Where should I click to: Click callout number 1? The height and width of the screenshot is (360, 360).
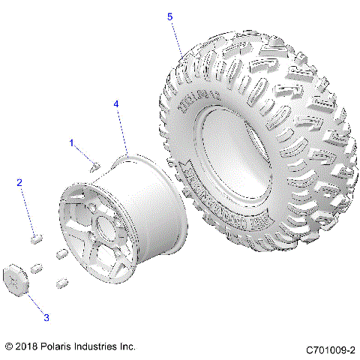coord(72,142)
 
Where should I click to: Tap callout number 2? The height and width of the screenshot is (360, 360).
coord(19,182)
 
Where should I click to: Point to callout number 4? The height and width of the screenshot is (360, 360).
coord(116,105)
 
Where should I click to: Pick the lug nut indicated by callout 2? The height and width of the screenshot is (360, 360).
coord(34,238)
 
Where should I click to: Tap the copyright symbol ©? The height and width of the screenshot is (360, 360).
coord(8,346)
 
